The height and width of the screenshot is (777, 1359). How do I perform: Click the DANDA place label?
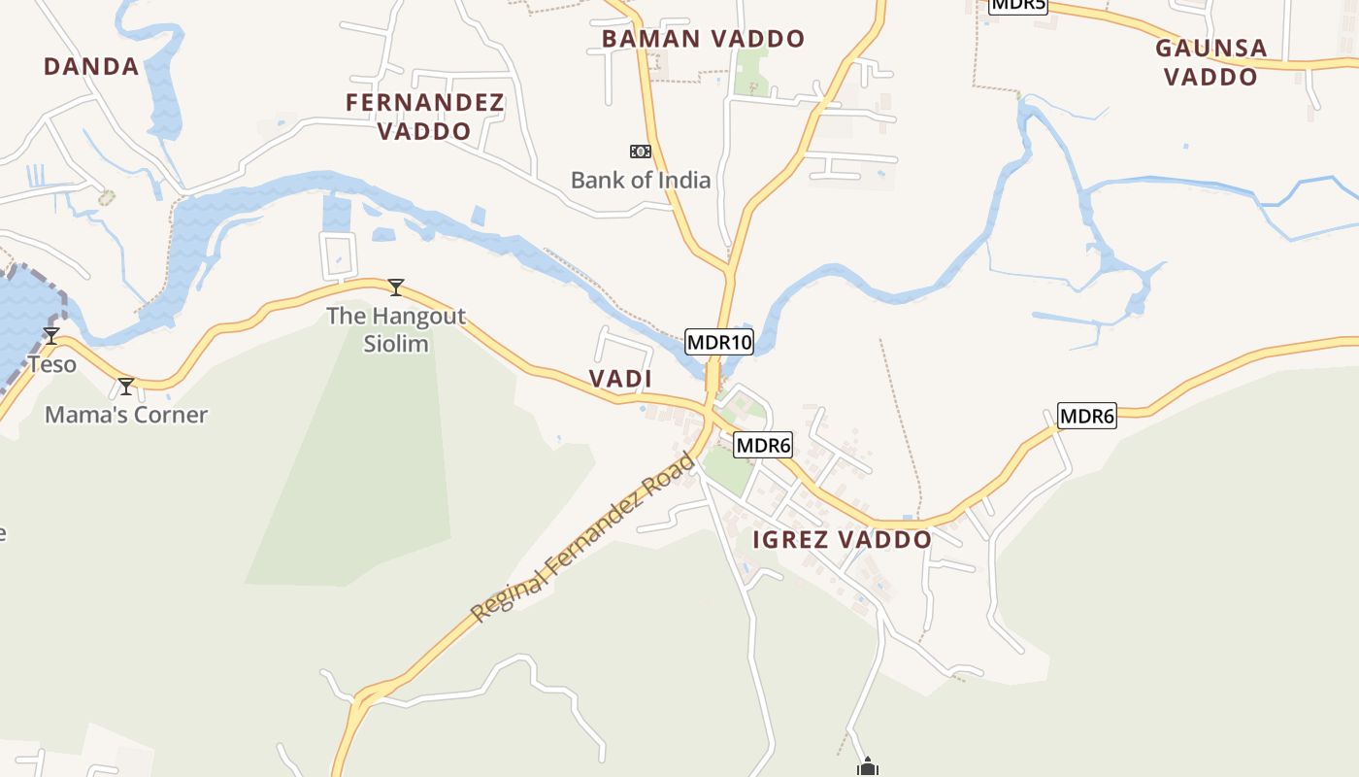click(x=91, y=66)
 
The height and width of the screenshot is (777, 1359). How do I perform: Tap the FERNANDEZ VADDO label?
click(x=424, y=117)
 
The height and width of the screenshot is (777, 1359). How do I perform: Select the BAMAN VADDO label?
click(x=703, y=39)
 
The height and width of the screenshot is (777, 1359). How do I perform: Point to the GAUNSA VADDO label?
click(x=1210, y=62)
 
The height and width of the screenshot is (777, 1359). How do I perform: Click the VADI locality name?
click(x=620, y=379)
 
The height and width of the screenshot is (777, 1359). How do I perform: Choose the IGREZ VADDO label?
click(x=842, y=539)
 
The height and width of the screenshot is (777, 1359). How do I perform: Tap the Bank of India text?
click(x=640, y=180)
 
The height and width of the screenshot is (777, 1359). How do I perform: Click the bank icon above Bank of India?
click(x=640, y=152)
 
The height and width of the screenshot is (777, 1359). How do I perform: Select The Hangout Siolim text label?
click(x=396, y=329)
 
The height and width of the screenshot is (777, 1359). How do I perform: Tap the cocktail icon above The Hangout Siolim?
click(x=396, y=287)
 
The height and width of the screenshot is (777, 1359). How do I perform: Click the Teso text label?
click(x=51, y=364)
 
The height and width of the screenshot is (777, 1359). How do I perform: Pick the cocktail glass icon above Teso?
click(x=51, y=336)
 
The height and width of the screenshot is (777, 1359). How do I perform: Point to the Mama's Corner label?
click(x=126, y=415)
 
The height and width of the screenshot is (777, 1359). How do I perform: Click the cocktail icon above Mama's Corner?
click(x=126, y=387)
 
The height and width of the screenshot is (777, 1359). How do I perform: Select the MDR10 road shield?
click(x=718, y=342)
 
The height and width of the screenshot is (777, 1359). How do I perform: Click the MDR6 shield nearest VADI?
click(x=763, y=446)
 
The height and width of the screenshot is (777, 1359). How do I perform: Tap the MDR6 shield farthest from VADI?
click(x=1087, y=417)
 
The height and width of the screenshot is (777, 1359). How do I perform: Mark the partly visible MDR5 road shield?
click(x=1018, y=5)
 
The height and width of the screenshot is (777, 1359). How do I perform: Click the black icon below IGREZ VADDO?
click(x=868, y=768)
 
